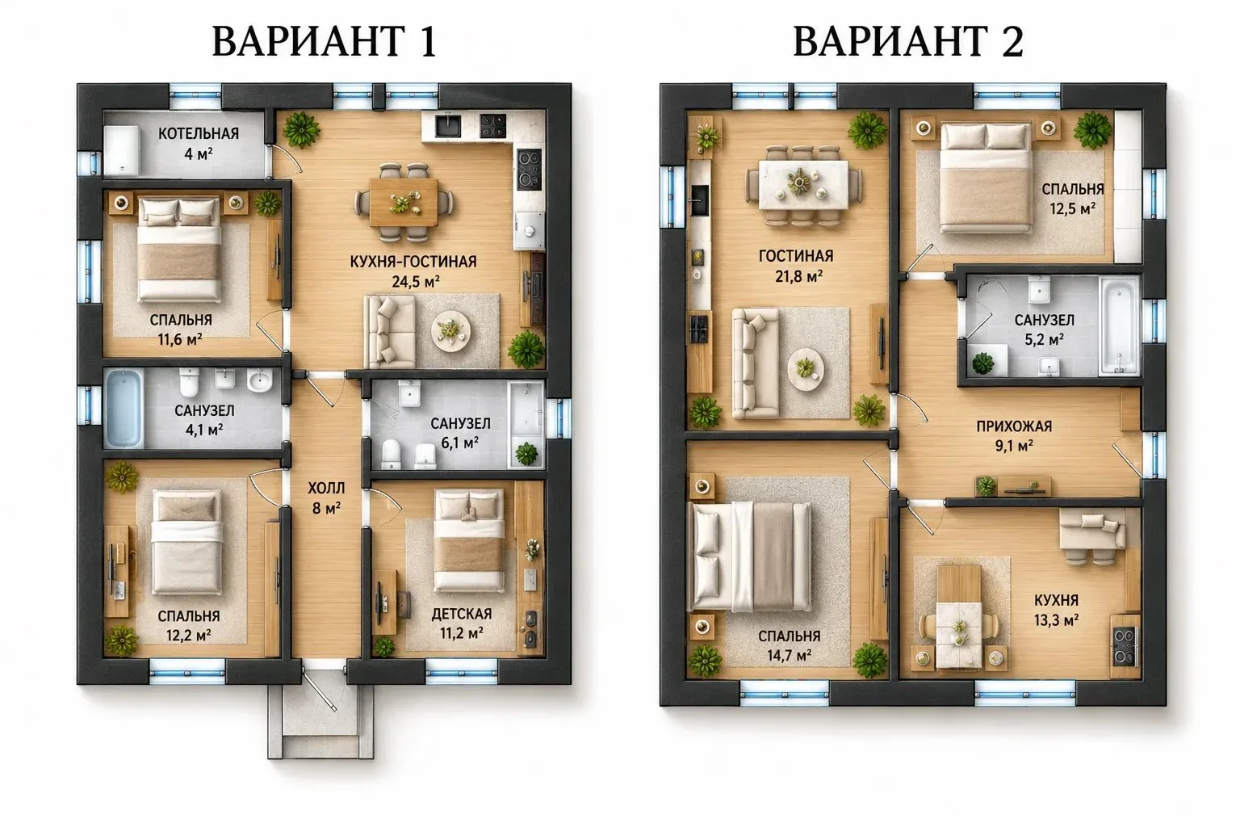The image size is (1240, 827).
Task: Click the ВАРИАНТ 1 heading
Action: [x=325, y=41]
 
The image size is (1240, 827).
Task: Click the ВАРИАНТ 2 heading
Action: [x=908, y=41]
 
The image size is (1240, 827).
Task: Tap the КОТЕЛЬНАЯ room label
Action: [x=199, y=133]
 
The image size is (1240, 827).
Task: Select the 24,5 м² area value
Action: [x=416, y=281]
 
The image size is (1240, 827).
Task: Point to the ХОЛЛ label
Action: [x=326, y=488]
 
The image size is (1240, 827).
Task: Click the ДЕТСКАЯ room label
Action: [x=462, y=614]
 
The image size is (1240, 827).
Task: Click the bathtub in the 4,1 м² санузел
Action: [x=124, y=408]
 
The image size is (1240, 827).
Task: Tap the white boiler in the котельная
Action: [x=122, y=149]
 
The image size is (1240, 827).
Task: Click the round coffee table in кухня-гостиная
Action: [x=451, y=331]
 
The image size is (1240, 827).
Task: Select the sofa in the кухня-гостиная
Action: [x=389, y=331]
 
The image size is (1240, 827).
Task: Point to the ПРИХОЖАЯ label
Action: [x=1014, y=426]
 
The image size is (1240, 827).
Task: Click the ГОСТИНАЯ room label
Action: [x=796, y=256]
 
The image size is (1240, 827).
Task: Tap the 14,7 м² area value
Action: [x=790, y=656]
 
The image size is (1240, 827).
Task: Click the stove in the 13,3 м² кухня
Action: [x=1125, y=646]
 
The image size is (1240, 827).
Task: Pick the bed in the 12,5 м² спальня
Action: [x=986, y=178]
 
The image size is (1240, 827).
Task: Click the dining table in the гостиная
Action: [x=803, y=184]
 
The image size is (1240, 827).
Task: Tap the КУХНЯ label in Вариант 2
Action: [x=1056, y=600]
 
